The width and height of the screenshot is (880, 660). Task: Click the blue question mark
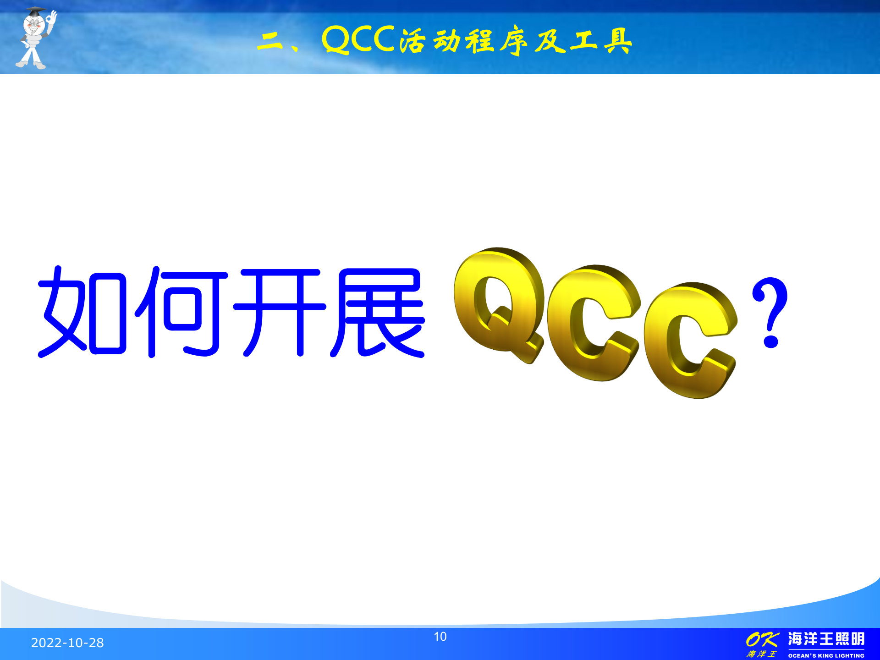coord(770,312)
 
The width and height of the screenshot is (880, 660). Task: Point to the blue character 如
coord(82,312)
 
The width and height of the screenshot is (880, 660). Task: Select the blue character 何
coord(181,312)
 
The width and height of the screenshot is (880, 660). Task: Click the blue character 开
coord(280,312)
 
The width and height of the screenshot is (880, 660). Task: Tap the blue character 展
coord(378,312)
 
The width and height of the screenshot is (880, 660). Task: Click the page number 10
coord(440,637)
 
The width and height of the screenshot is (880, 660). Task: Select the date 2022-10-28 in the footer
coord(67,643)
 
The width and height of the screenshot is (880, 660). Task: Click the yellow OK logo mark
coord(762,639)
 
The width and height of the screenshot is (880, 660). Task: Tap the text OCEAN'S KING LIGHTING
coord(826,655)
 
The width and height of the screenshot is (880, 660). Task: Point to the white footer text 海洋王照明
coord(826,639)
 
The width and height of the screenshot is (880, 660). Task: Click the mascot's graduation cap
coord(35,11)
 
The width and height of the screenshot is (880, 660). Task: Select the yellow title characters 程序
coord(497,41)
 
